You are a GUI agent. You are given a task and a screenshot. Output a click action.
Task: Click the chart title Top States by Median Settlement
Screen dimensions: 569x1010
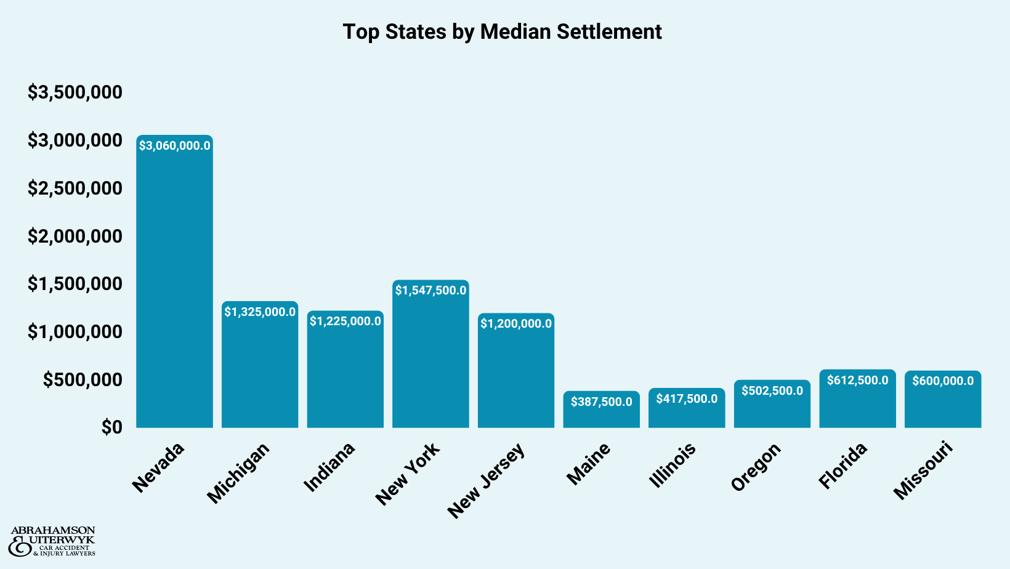[x=502, y=31]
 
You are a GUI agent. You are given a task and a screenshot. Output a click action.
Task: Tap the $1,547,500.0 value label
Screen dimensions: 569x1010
[x=430, y=290]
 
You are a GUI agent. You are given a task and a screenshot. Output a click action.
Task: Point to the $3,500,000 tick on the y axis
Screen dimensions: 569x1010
[x=75, y=92]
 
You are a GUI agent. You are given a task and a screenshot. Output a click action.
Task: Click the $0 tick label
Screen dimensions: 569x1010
[x=112, y=427]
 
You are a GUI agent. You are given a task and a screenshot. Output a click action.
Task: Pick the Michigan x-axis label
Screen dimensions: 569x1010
[x=238, y=472]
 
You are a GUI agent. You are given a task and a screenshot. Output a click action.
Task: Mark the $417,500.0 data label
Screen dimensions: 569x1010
[x=687, y=399]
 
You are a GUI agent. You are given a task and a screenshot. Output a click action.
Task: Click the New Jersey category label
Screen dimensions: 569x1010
[x=486, y=480]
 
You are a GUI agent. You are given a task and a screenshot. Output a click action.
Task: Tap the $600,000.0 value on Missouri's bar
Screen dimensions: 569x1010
[x=943, y=381]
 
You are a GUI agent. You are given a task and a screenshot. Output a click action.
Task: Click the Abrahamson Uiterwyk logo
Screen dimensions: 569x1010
[x=52, y=541]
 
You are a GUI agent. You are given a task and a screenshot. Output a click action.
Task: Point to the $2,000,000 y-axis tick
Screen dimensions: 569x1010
[x=75, y=236]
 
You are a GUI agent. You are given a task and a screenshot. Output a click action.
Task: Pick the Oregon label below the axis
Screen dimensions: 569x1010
[x=756, y=467]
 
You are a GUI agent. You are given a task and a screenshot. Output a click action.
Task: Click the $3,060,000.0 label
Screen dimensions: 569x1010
[x=174, y=146]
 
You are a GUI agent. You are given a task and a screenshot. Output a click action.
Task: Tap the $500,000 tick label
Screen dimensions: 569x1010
[x=83, y=379]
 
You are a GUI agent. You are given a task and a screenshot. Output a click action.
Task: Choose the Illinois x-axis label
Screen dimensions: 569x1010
[x=672, y=465]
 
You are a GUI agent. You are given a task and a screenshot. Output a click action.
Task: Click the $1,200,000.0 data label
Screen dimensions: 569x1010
[x=516, y=324]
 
